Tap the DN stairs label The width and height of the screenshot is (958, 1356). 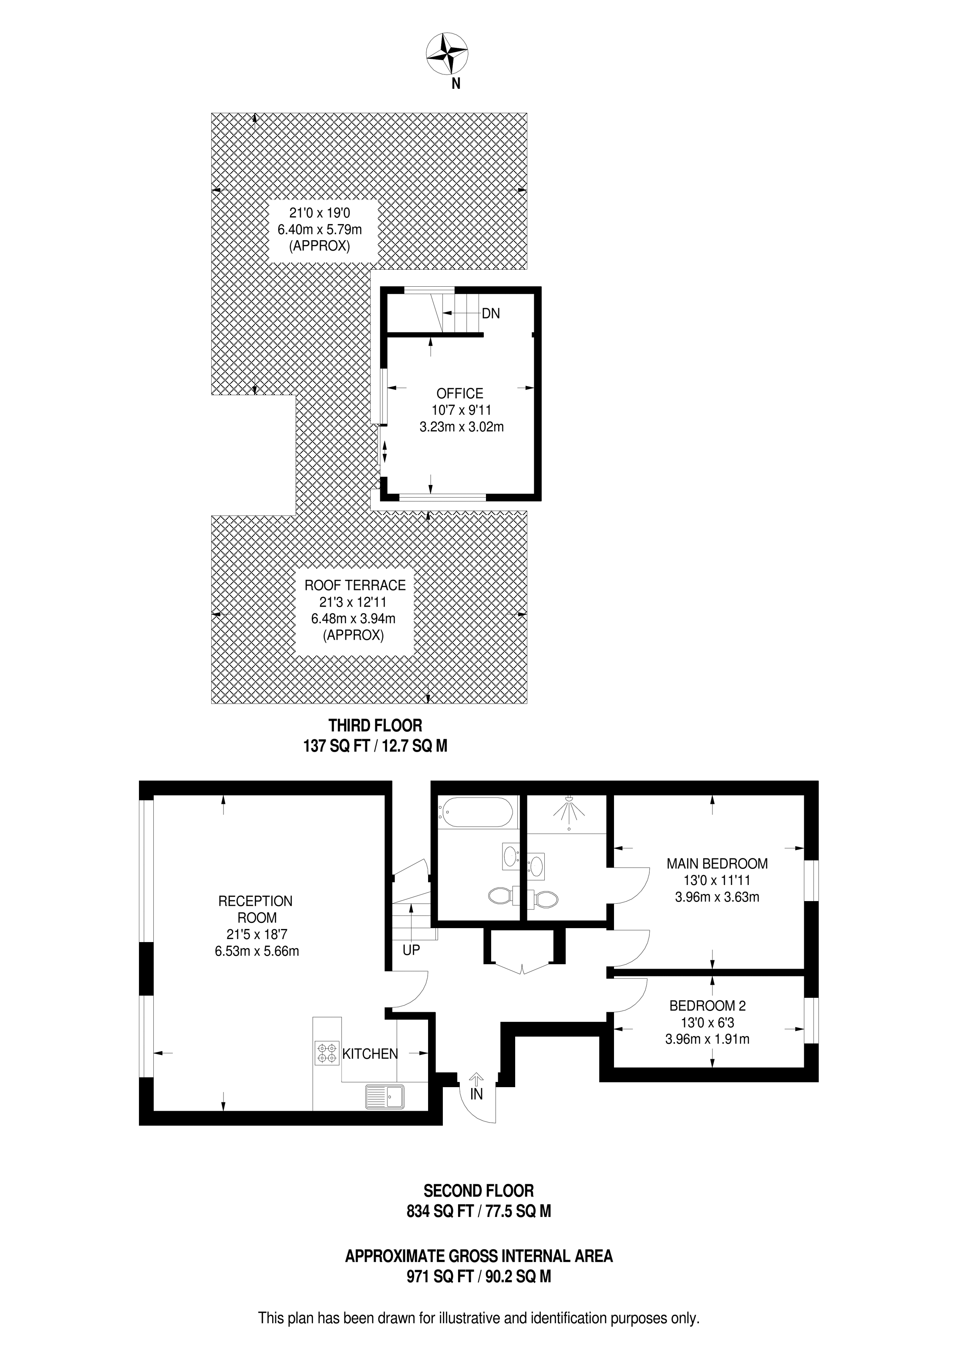(490, 314)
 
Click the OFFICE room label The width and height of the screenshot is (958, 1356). (460, 393)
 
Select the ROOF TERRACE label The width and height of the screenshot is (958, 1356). (355, 585)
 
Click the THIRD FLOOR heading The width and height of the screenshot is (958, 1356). (375, 725)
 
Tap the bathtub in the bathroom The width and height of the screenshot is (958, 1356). (476, 813)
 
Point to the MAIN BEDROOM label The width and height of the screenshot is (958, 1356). (717, 864)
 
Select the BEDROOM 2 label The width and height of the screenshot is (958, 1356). (707, 1006)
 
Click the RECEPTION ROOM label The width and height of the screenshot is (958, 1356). (256, 909)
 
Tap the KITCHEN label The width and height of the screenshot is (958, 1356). (370, 1054)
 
